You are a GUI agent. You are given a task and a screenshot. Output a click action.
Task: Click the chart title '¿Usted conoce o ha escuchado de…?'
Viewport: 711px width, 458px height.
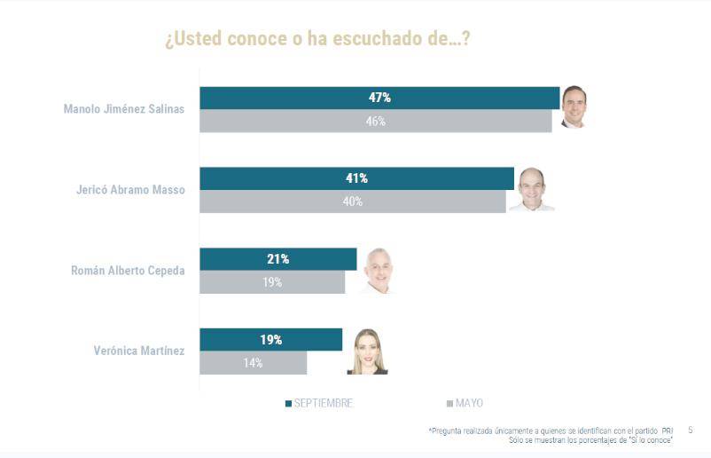tap(316, 40)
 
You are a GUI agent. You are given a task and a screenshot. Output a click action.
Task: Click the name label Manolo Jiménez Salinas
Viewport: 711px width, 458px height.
tap(124, 109)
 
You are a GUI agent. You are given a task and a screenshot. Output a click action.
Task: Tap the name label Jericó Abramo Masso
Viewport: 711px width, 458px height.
tap(130, 190)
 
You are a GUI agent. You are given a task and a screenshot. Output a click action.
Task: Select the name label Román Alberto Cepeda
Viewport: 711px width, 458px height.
tap(128, 271)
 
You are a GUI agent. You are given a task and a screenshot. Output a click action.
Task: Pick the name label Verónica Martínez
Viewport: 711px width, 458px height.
tap(139, 351)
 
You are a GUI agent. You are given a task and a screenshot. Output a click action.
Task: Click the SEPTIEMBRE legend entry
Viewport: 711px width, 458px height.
tap(318, 403)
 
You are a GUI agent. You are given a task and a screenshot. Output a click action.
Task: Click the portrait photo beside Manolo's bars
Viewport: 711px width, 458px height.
tap(574, 108)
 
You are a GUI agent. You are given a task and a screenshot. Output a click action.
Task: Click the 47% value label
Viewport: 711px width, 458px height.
tap(379, 98)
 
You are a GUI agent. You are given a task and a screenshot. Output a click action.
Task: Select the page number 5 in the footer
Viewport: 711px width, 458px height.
tap(690, 430)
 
